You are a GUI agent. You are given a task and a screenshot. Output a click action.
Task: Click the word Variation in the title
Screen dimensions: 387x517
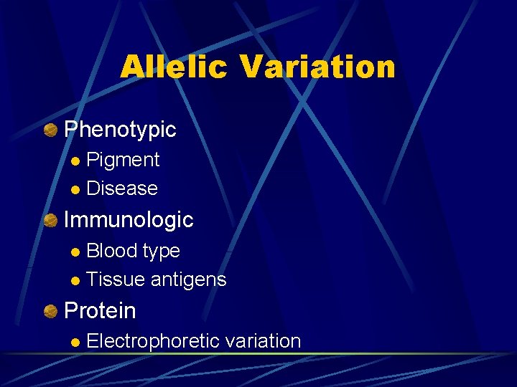pos(318,67)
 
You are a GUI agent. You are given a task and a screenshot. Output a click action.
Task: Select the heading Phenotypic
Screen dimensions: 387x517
pos(120,130)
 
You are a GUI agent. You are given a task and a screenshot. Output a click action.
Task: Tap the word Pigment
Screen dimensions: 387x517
pos(123,160)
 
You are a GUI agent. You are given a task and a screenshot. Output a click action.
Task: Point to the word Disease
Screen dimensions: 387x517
pos(121,188)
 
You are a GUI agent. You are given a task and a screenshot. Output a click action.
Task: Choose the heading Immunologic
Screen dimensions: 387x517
pos(129,220)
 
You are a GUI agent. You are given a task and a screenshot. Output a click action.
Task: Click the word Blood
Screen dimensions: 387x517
pos(112,251)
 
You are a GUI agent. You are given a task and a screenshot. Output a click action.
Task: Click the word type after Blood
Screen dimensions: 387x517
pos(162,252)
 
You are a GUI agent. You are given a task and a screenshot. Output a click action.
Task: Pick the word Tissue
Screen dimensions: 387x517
pos(116,279)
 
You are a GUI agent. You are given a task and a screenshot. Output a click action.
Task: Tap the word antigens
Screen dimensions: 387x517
pos(188,280)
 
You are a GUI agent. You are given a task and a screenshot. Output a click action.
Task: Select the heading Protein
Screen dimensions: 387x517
pos(100,311)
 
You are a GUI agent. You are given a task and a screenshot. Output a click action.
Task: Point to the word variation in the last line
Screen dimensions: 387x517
pos(263,341)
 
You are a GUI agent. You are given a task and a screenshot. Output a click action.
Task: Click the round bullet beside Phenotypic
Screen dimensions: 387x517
pos(50,130)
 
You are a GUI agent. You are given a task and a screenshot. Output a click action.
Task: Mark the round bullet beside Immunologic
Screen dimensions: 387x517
pos(50,220)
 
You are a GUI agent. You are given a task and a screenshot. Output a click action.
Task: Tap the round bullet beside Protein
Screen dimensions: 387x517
pos(50,311)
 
